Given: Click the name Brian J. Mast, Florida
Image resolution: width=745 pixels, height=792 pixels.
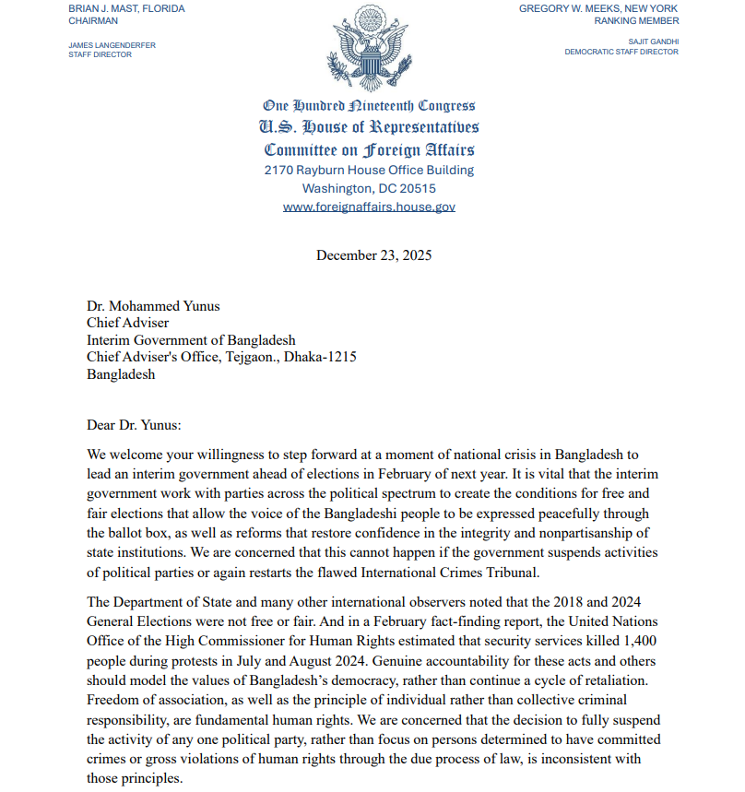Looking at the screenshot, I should pyautogui.click(x=126, y=8).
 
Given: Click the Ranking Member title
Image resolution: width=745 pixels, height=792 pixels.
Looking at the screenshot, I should pyautogui.click(x=636, y=20).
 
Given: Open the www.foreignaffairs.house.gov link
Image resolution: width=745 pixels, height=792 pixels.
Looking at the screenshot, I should pyautogui.click(x=369, y=207).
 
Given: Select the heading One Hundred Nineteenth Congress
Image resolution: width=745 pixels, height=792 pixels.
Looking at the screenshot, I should pyautogui.click(x=369, y=106).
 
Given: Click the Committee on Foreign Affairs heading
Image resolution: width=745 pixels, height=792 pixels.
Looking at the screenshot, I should pyautogui.click(x=369, y=149).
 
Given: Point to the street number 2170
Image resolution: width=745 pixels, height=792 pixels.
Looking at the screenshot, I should pyautogui.click(x=281, y=171).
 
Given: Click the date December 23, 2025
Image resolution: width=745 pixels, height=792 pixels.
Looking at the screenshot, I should pyautogui.click(x=373, y=255).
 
